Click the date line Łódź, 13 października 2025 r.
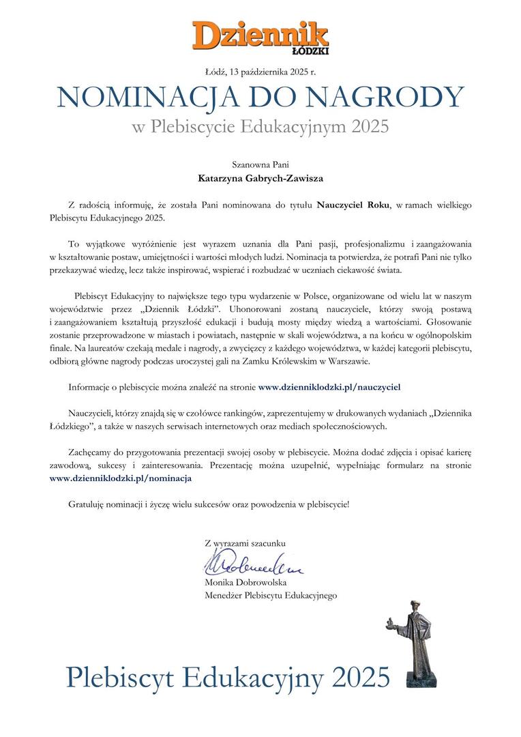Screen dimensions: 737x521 [260, 71]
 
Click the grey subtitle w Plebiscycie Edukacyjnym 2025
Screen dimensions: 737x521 [260, 127]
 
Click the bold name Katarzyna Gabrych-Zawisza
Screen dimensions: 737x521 [260, 180]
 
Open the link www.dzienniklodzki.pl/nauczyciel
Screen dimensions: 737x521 [329, 386]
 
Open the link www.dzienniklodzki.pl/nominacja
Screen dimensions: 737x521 [121, 478]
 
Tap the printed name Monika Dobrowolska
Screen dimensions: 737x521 [245, 583]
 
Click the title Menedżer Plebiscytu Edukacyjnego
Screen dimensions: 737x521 [271, 595]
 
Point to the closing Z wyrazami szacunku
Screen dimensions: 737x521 [245, 543]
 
